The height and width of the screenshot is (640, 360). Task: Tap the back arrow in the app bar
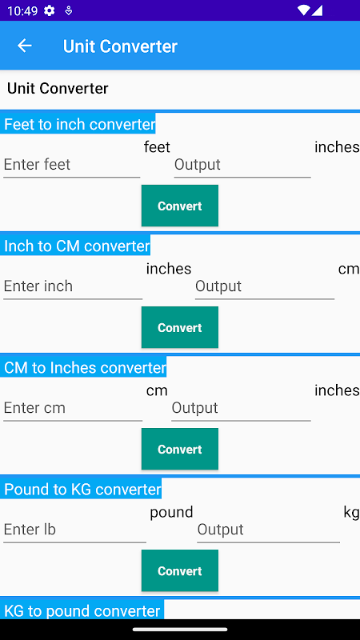25,46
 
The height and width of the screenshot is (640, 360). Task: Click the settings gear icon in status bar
50,10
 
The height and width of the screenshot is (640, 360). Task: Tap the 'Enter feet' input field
72,165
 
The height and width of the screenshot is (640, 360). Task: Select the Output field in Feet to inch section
242,165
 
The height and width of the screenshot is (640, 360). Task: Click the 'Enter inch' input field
73,286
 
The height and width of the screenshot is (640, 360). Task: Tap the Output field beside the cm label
265,286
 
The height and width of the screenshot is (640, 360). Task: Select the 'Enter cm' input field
73,408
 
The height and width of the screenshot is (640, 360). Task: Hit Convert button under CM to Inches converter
180,449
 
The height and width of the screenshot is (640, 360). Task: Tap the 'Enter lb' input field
74,530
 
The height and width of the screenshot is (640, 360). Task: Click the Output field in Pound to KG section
269,530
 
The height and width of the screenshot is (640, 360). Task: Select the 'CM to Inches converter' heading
84,367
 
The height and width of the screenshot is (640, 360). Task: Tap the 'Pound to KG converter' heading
82,489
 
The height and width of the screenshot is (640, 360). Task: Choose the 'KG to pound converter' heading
82,610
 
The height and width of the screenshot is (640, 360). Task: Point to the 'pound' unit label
171,512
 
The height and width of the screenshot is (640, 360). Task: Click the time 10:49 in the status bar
22,10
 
